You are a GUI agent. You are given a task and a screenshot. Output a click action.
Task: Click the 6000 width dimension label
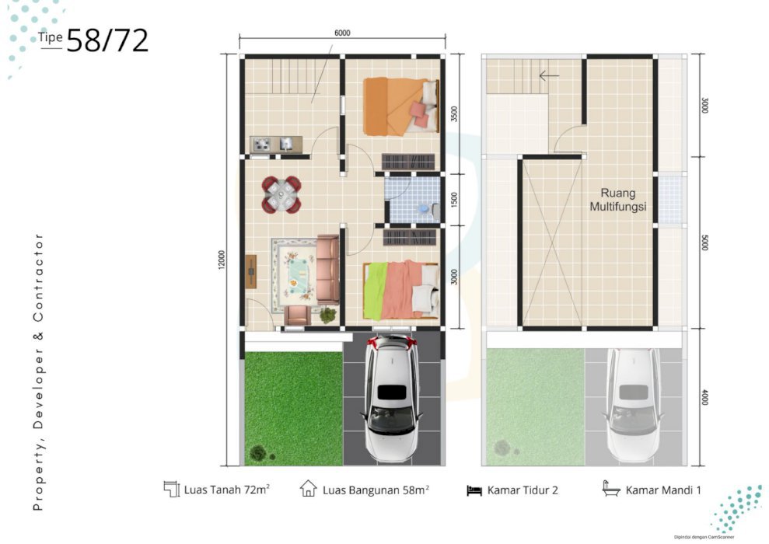tap(342, 33)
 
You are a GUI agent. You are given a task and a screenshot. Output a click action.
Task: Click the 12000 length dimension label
tap(222, 260)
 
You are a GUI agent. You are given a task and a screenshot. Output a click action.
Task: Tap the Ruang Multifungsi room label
tap(618, 200)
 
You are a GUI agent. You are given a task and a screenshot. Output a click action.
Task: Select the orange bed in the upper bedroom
tap(401, 106)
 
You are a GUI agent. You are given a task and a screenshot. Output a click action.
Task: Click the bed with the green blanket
tap(401, 290)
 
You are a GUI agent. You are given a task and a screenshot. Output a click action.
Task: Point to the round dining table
tap(281, 194)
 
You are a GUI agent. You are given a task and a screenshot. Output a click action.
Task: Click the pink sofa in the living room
tap(327, 269)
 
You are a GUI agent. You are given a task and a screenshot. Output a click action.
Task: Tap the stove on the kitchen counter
tap(261, 144)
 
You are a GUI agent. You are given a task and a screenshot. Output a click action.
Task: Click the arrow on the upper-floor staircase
tap(549, 75)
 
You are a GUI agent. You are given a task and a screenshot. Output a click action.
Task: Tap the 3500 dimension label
tap(454, 114)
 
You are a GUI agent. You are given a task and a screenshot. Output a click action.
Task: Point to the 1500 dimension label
tap(454, 200)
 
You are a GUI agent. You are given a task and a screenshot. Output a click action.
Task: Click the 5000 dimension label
tap(704, 242)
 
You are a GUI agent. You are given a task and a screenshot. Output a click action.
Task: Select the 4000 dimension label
tap(704, 397)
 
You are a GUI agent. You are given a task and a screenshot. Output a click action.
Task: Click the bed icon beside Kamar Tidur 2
tap(474, 490)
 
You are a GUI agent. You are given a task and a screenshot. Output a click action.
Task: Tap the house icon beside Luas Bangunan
tap(308, 489)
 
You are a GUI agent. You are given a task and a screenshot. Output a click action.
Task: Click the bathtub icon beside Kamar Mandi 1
tap(611, 489)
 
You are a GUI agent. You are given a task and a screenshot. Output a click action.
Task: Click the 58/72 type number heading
tap(107, 40)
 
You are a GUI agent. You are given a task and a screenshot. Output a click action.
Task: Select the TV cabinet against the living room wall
tap(251, 271)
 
